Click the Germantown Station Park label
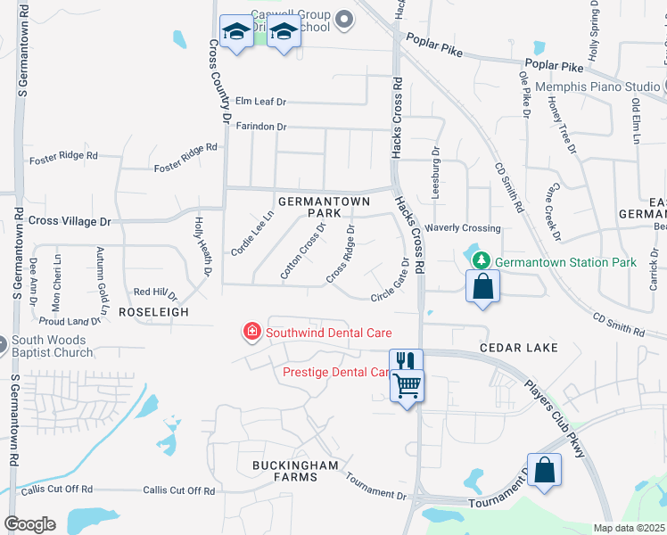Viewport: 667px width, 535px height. point(566,262)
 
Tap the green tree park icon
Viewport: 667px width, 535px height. point(482,260)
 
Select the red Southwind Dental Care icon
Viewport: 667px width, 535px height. point(252,333)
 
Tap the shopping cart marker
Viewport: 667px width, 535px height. point(408,386)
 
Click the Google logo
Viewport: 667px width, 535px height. point(30,524)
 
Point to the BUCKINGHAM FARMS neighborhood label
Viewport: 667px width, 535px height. point(296,471)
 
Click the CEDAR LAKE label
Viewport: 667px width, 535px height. point(518,347)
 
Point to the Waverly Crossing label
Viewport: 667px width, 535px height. point(463,228)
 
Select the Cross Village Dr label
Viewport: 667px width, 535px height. point(70,220)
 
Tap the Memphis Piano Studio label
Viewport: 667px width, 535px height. point(597,86)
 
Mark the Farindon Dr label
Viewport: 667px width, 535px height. point(261,127)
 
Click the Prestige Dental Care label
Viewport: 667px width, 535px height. point(335,372)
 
